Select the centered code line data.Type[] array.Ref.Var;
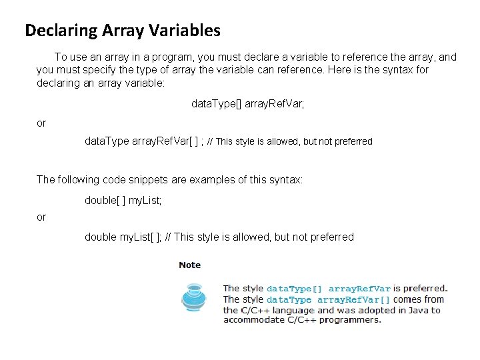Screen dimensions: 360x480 pos(247,104)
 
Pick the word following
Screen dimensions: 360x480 pos(77,179)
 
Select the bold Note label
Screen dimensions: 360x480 pos(190,265)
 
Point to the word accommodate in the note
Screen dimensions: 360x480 pos(254,320)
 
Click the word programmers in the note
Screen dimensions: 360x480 pos(351,320)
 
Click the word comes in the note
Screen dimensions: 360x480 pos(407,299)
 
